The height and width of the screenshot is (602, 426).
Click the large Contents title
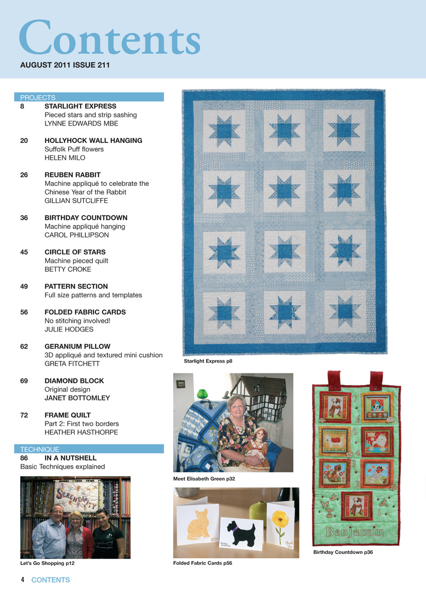(x=109, y=39)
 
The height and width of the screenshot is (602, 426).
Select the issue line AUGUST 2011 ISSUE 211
(x=65, y=65)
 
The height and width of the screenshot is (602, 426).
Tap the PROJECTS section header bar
(x=89, y=97)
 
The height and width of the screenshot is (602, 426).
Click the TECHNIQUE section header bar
(x=89, y=449)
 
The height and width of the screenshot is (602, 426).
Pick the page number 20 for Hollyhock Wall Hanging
(x=24, y=141)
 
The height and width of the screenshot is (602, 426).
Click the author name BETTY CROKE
(x=68, y=269)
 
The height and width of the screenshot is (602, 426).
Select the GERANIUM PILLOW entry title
(x=77, y=347)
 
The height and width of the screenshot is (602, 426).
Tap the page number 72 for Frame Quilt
(x=24, y=415)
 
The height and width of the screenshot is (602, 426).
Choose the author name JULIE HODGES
(x=69, y=329)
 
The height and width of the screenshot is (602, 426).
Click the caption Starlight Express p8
(x=208, y=362)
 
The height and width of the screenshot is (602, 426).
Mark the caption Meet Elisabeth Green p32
(x=204, y=479)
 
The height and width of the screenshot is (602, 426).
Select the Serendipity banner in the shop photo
(x=76, y=496)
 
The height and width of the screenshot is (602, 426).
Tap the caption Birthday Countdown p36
(x=343, y=552)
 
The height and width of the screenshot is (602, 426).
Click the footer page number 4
(x=22, y=580)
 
